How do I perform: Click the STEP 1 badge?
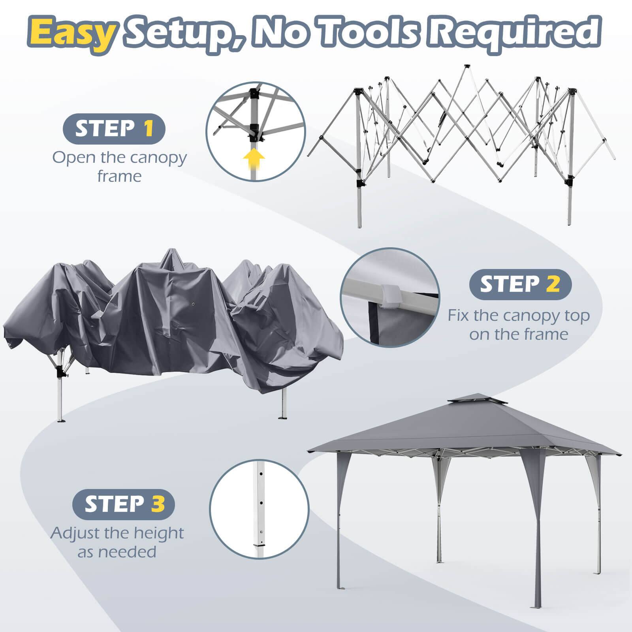coord(114,128)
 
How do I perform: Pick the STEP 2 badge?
coord(520,284)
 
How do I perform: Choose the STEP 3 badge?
coord(124,503)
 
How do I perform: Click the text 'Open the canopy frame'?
coord(119,166)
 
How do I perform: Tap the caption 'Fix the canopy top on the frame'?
coord(519,325)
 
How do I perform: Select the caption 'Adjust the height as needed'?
coord(117,542)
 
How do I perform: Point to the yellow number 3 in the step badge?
coord(157,503)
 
